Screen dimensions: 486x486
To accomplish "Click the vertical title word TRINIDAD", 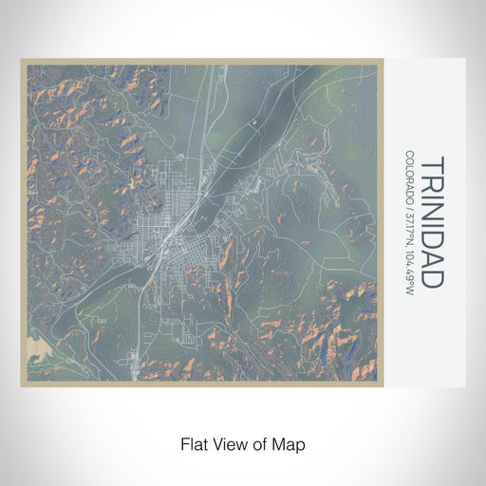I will (431, 221).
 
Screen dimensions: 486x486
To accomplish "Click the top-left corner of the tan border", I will (22, 60).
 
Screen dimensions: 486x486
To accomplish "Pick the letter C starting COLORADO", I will (408, 154).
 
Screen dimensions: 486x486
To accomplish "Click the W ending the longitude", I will (408, 291).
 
